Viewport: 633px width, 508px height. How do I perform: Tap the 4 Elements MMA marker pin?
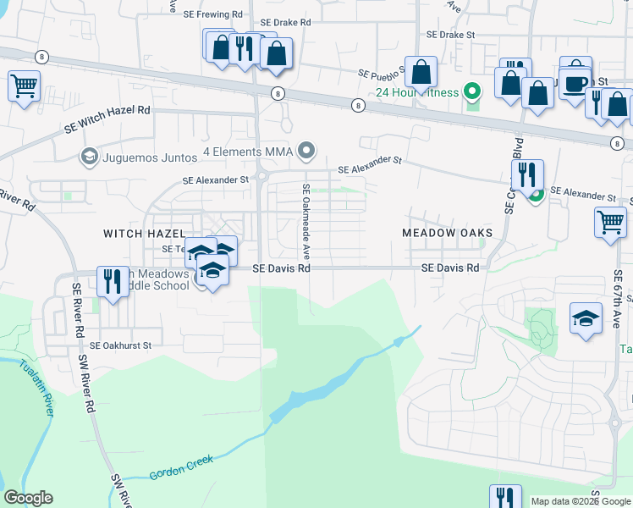pyautogui.click(x=308, y=152)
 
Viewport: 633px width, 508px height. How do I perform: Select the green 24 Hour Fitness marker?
pyautogui.click(x=473, y=92)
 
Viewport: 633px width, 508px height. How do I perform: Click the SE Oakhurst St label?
pyautogui.click(x=120, y=345)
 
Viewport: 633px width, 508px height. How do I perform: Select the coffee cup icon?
pyautogui.click(x=575, y=84)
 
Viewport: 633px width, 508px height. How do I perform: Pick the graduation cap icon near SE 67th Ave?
pyautogui.click(x=586, y=318)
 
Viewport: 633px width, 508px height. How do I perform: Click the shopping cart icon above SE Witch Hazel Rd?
pyautogui.click(x=25, y=85)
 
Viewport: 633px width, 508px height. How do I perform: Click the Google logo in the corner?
pyautogui.click(x=29, y=497)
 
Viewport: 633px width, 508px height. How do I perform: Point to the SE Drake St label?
pyautogui.click(x=451, y=36)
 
